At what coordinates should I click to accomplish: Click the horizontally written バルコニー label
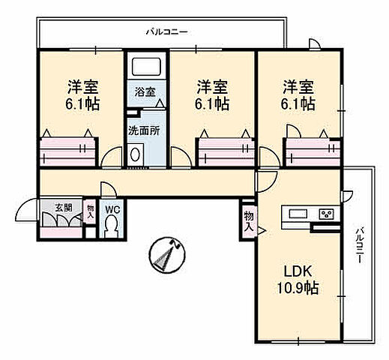[x=166, y=32]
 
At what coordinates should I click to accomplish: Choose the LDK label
[x=296, y=271]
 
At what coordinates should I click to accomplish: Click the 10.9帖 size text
[x=296, y=287]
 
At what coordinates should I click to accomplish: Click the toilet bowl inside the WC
[x=112, y=225]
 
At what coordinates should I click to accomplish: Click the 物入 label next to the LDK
[x=247, y=219]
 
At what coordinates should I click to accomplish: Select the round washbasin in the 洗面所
[x=136, y=155]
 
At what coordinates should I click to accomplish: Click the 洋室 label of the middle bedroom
[x=212, y=86]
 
